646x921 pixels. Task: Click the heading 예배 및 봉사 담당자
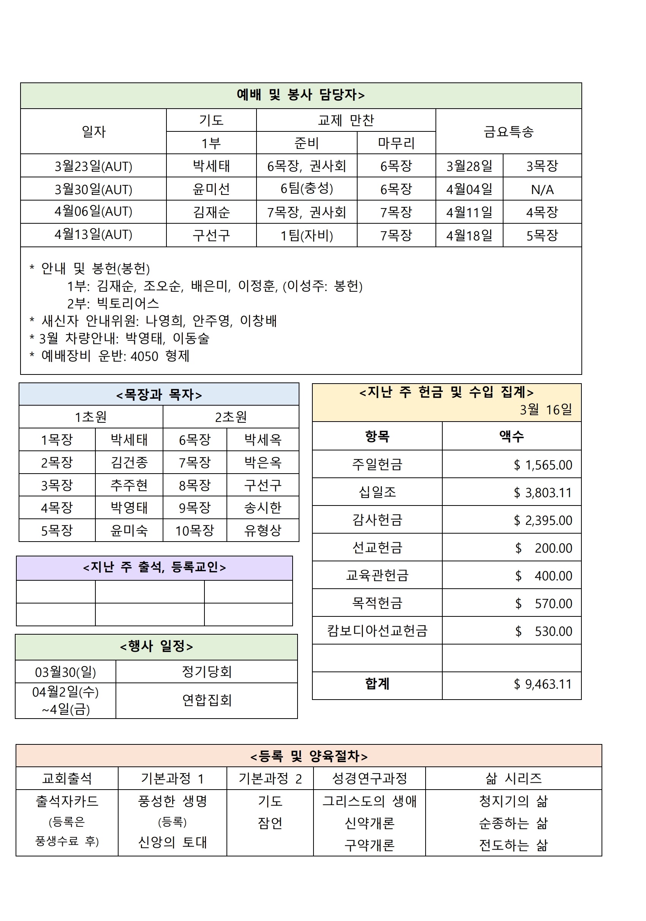301,95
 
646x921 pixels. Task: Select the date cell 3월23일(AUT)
93,166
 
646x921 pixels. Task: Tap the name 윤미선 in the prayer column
211,189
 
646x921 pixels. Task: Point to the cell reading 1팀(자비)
307,235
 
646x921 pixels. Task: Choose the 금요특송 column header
508,131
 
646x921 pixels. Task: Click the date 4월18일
469,235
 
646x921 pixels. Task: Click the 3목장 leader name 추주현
129,485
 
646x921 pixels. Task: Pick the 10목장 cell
195,531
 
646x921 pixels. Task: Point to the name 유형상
263,531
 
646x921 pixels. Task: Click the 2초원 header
231,417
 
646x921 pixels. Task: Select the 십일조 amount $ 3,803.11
543,493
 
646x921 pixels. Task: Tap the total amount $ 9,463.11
543,684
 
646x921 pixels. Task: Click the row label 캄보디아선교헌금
377,630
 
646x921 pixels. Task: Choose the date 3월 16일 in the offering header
546,409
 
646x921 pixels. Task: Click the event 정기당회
207,671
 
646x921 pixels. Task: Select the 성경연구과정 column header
369,779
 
